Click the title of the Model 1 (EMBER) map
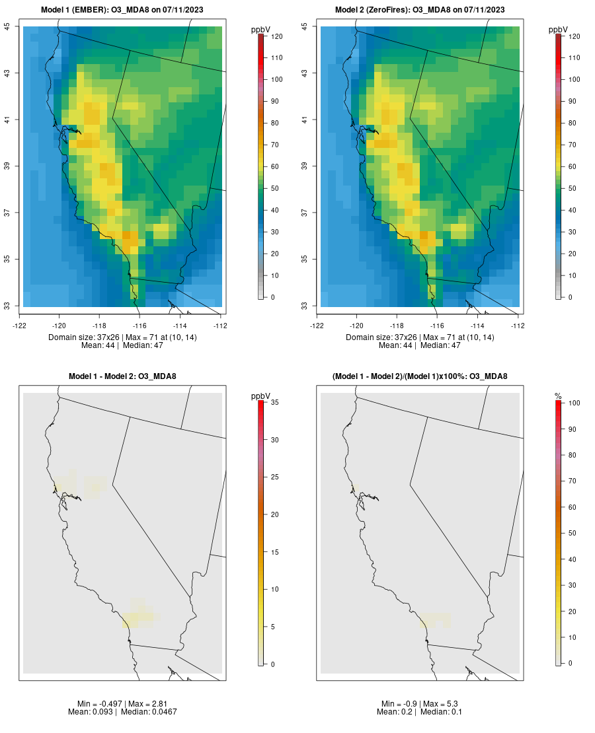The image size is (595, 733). point(122,9)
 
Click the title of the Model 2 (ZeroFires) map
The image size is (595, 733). point(420,9)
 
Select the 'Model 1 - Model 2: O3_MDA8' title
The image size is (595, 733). point(122,376)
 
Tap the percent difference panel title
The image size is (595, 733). point(420,376)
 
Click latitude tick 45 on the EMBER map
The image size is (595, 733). point(7,26)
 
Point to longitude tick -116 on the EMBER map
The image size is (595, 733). point(139,326)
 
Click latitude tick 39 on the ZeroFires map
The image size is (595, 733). point(305,166)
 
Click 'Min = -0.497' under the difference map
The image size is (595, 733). point(100,704)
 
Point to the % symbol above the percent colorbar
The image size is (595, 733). point(558,396)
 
